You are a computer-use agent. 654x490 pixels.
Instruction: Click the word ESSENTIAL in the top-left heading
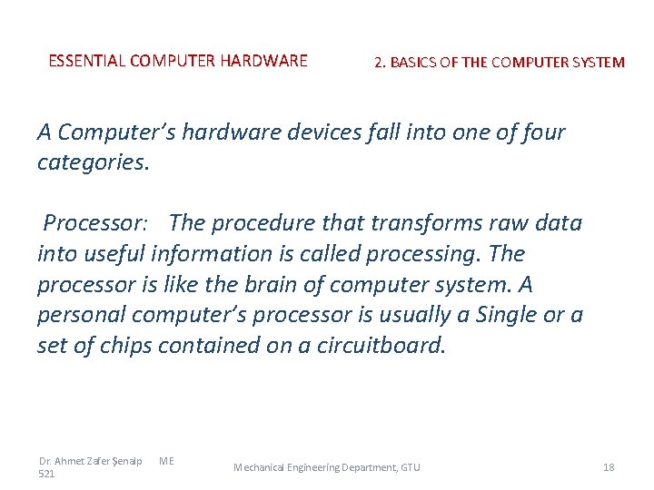click(87, 62)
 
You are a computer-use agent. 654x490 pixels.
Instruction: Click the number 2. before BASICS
click(381, 63)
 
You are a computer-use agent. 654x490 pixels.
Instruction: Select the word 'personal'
click(81, 315)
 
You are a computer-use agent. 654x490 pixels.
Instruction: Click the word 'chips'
click(124, 346)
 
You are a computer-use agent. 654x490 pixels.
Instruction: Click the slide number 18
click(609, 467)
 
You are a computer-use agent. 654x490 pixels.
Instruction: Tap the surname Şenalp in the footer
click(126, 462)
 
